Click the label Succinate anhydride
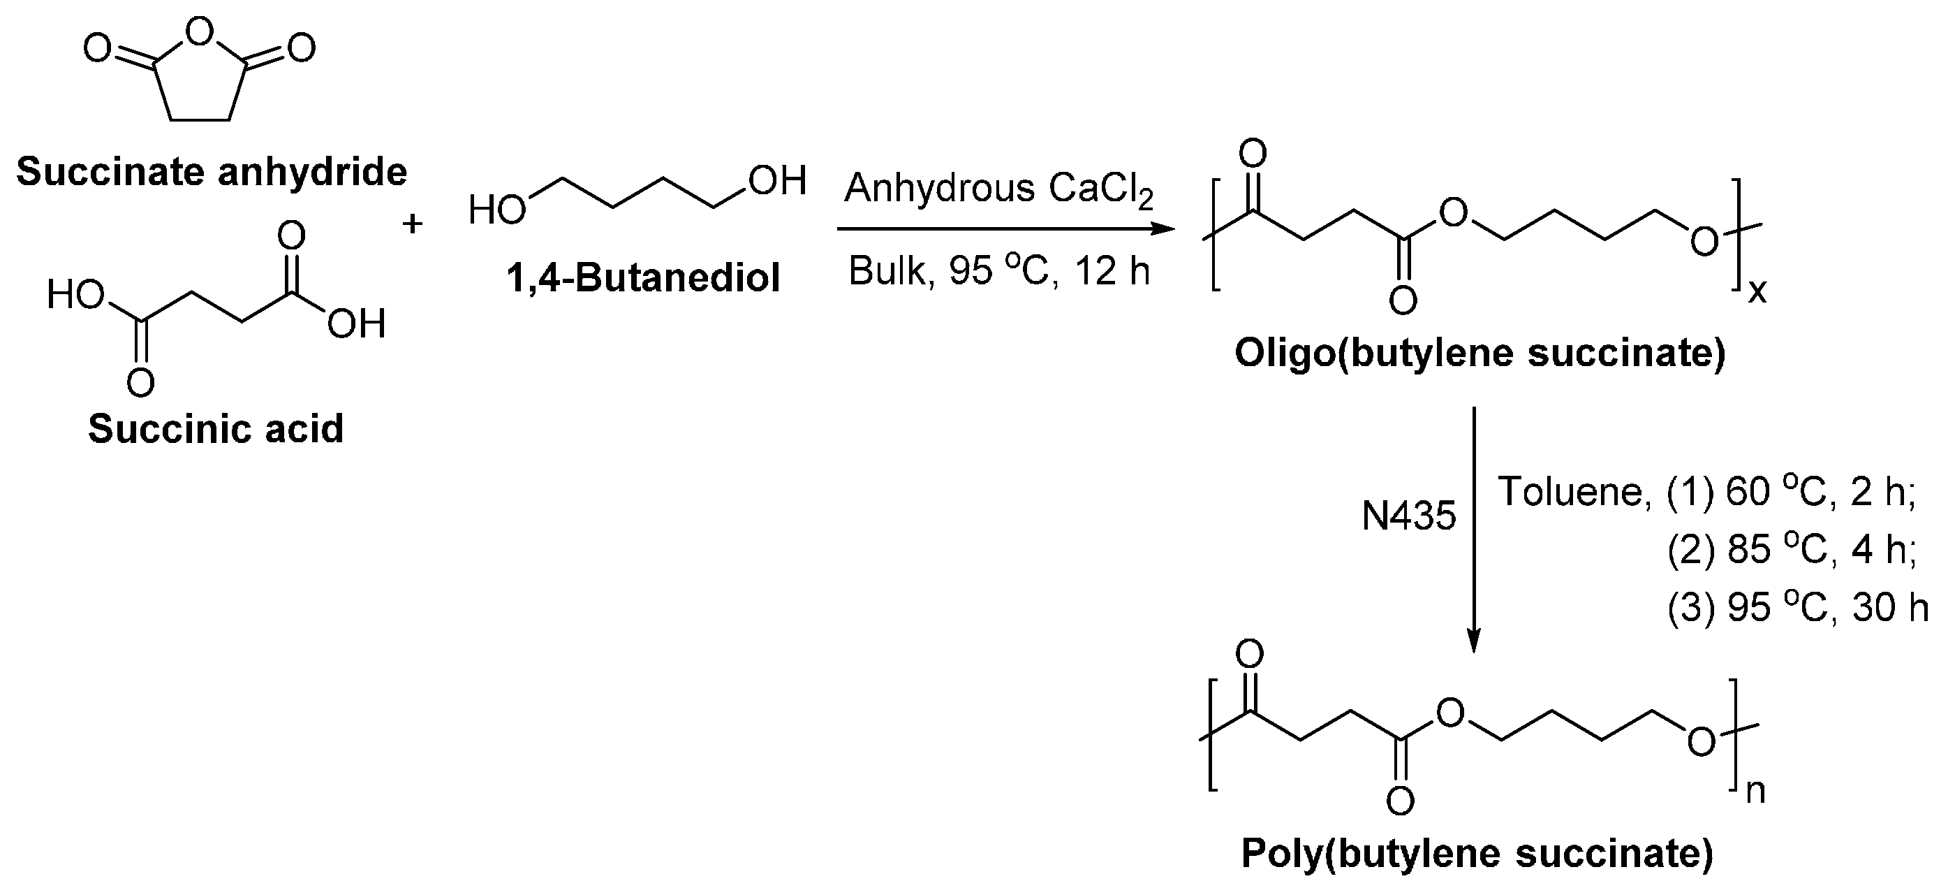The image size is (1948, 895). click(x=212, y=173)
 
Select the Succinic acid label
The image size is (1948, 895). click(x=216, y=429)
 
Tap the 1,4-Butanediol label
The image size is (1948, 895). click(x=643, y=277)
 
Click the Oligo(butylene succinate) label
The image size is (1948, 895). click(x=1480, y=353)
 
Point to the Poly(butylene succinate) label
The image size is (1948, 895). click(x=1477, y=853)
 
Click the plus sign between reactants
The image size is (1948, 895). click(x=412, y=224)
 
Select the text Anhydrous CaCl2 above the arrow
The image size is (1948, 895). click(x=998, y=189)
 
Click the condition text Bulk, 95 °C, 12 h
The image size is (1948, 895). click(x=998, y=271)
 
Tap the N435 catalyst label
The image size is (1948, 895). click(x=1408, y=517)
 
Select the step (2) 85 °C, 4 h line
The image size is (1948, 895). click(x=1792, y=550)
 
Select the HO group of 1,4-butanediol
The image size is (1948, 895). click(x=496, y=210)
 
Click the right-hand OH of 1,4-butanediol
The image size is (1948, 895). click(x=777, y=182)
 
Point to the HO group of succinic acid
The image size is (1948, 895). click(x=75, y=295)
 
